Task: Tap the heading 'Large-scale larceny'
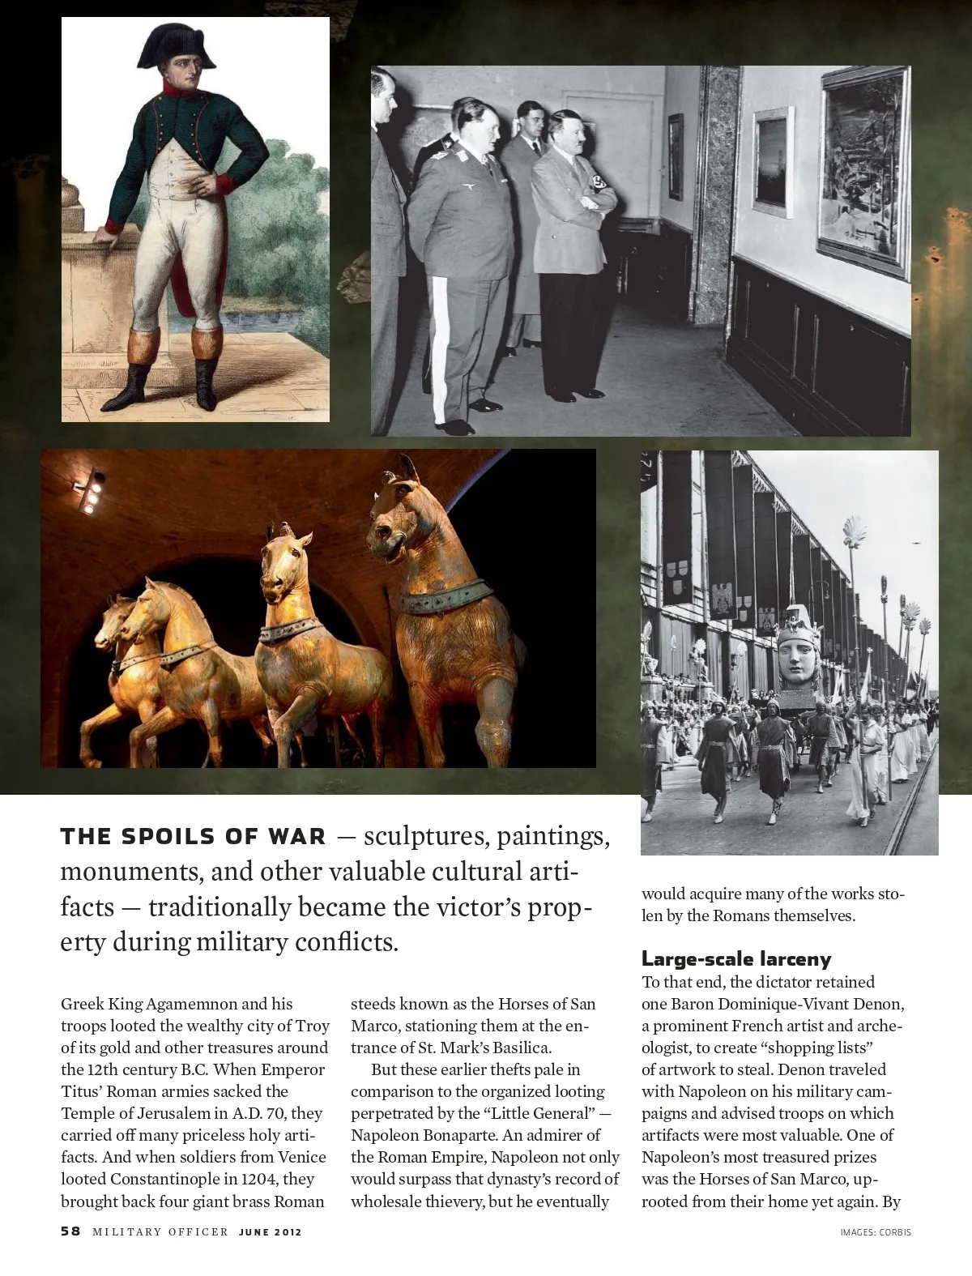click(736, 959)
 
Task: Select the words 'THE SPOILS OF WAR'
click(193, 837)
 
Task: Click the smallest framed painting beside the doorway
click(675, 146)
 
